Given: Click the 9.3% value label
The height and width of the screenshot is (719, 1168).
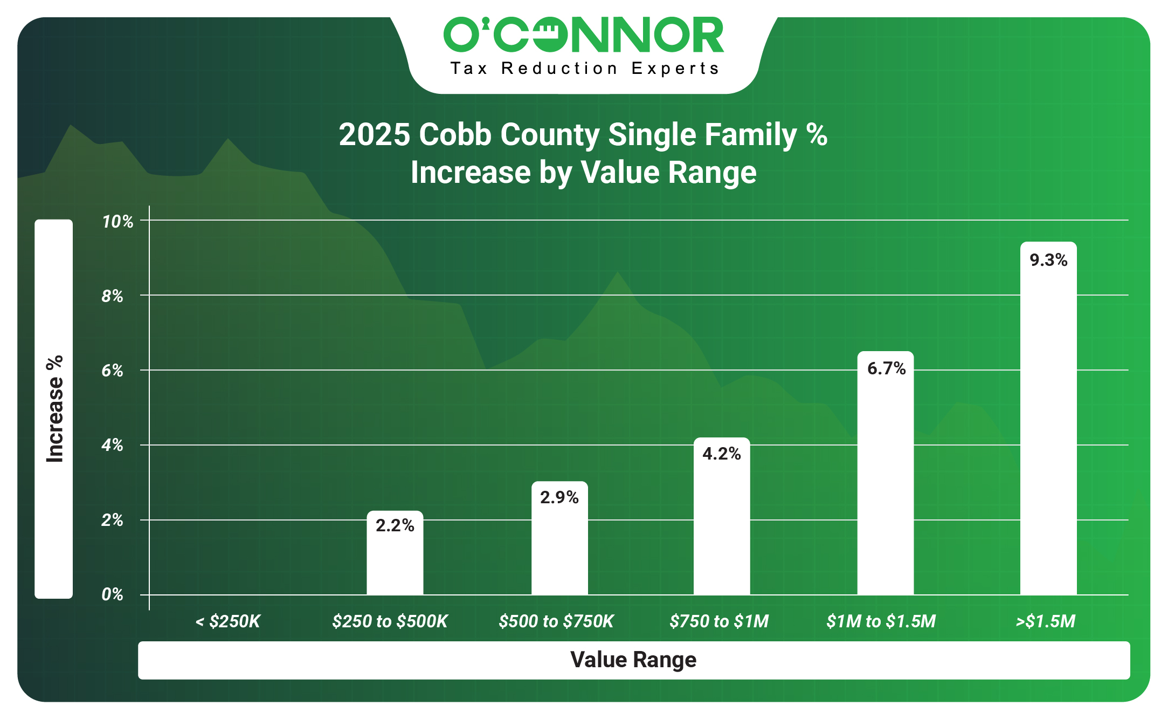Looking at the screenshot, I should [1048, 261].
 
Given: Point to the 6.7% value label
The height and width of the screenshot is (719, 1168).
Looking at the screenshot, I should [886, 369].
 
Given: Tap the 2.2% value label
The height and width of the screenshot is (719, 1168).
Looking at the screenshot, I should [395, 526].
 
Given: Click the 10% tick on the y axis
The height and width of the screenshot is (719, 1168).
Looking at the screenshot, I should [118, 222].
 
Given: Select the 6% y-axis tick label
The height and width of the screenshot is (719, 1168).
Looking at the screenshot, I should [112, 371].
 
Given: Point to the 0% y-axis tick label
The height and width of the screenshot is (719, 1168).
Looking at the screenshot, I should [112, 595].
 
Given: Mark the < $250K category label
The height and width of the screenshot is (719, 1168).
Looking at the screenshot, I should [227, 622].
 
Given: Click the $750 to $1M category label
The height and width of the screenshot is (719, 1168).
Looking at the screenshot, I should [719, 622].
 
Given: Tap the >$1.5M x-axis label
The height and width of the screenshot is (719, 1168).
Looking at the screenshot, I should [1045, 622].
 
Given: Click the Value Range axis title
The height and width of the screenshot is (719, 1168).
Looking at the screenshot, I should [633, 660].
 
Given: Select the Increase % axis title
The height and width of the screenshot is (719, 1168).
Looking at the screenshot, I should [54, 409].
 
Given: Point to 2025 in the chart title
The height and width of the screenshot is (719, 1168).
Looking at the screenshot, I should [374, 135].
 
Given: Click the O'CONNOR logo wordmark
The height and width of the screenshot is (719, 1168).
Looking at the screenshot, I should [584, 35].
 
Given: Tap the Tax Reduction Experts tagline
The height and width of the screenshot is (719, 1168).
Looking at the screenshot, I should [585, 69].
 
